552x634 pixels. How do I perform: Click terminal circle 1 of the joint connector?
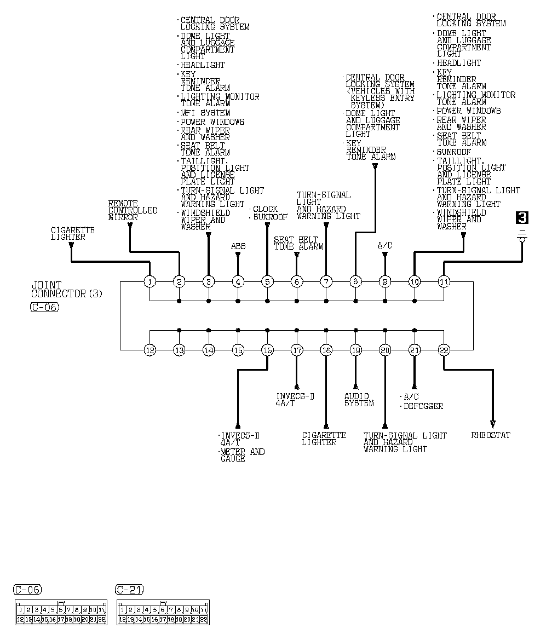click(x=150, y=282)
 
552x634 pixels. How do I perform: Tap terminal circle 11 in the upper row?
click(x=444, y=282)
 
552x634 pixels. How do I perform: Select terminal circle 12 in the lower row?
click(x=150, y=350)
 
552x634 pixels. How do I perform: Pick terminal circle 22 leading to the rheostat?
click(x=444, y=350)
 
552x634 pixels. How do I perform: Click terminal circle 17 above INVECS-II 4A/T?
click(x=297, y=350)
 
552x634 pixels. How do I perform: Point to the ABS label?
click(x=238, y=246)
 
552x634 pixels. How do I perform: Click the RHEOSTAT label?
click(x=491, y=435)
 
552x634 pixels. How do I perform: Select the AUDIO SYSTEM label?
click(x=359, y=400)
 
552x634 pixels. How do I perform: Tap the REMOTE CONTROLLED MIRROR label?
click(x=133, y=210)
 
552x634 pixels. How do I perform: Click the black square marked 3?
click(x=522, y=218)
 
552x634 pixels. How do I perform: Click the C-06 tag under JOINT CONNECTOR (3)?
click(x=44, y=307)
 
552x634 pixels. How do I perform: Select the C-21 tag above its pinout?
click(x=130, y=590)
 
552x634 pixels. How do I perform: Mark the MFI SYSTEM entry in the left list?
click(x=205, y=113)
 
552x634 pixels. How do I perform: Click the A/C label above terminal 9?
click(x=385, y=246)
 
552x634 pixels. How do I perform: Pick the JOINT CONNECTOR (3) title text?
click(x=67, y=290)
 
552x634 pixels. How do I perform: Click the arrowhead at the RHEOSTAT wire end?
click(x=493, y=424)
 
